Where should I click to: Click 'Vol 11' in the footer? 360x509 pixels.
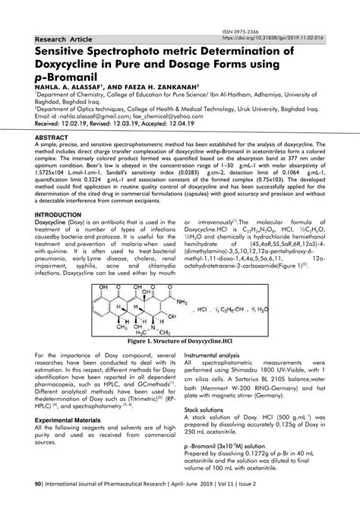pos(278,502)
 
